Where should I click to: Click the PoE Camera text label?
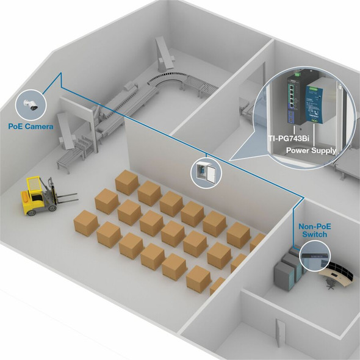pyautogui.click(x=31, y=126)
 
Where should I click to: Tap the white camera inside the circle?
pyautogui.click(x=31, y=105)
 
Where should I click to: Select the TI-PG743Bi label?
pyautogui.click(x=289, y=139)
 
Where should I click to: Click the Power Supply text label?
pyautogui.click(x=311, y=151)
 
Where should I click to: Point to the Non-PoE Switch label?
pyautogui.click(x=315, y=231)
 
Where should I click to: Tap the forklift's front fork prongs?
pyautogui.click(x=67, y=198)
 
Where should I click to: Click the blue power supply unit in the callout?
pyautogui.click(x=313, y=104)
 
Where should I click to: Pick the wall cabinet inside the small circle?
pyautogui.click(x=206, y=171)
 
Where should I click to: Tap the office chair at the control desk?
pyautogui.click(x=330, y=284)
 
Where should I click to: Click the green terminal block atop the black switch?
pyautogui.click(x=298, y=74)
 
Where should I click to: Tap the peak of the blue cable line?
pyautogui.click(x=61, y=73)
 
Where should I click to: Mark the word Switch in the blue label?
pyautogui.click(x=314, y=234)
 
